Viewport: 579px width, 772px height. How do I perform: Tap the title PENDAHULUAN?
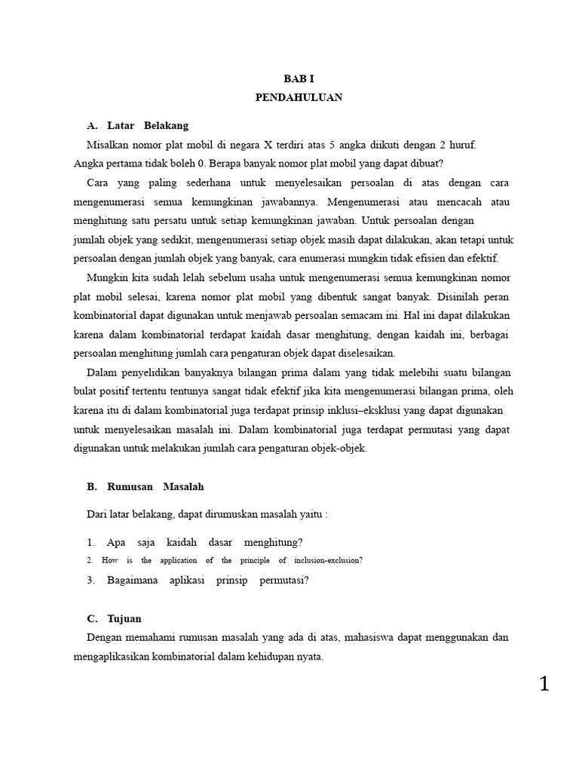(299, 97)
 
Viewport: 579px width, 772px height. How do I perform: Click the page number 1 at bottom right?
(544, 684)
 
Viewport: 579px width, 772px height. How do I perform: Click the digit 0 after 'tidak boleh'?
(201, 163)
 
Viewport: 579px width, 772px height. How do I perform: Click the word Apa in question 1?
(116, 542)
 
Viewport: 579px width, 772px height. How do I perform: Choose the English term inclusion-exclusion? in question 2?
(327, 561)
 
